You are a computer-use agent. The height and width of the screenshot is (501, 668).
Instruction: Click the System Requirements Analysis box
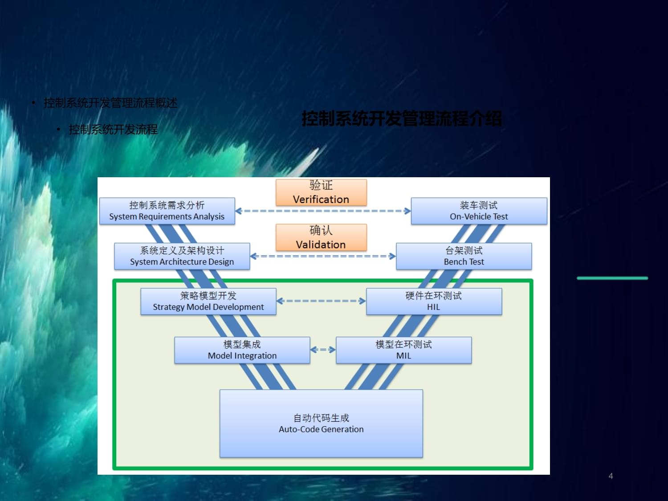[x=167, y=211]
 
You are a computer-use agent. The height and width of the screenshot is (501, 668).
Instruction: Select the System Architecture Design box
[x=182, y=256]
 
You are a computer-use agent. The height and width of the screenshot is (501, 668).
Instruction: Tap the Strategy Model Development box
[x=208, y=301]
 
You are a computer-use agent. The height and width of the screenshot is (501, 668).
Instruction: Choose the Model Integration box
[x=242, y=350]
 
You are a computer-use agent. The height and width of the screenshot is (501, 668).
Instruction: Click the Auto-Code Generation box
[x=321, y=424]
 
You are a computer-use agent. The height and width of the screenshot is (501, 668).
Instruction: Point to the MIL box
[x=403, y=350]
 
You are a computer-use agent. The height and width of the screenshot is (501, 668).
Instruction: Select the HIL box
[x=434, y=301]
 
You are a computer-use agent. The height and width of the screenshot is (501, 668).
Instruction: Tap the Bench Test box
[x=464, y=256]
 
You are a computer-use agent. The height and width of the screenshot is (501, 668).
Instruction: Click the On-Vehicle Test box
[x=479, y=211]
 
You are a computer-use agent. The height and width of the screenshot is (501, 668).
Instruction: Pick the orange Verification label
[x=321, y=192]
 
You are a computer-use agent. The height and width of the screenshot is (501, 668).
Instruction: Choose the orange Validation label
[x=321, y=237]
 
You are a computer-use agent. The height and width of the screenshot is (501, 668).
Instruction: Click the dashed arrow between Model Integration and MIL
[x=323, y=350]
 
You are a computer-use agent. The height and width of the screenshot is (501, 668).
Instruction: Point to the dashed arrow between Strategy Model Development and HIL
[x=321, y=301]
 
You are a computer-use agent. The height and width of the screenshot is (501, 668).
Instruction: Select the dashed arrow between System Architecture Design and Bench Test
[x=323, y=256]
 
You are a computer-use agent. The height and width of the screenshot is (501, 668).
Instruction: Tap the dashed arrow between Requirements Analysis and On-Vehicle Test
[x=323, y=211]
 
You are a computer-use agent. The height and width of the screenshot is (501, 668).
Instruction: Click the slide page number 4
[x=611, y=476]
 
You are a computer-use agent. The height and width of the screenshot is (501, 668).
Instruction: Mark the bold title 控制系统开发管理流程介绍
[x=401, y=119]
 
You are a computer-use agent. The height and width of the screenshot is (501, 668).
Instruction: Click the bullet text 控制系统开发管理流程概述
[x=110, y=103]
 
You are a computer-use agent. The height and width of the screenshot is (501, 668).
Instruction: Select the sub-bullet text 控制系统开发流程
[x=113, y=130]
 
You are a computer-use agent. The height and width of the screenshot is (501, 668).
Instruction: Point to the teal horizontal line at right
[x=612, y=278]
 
